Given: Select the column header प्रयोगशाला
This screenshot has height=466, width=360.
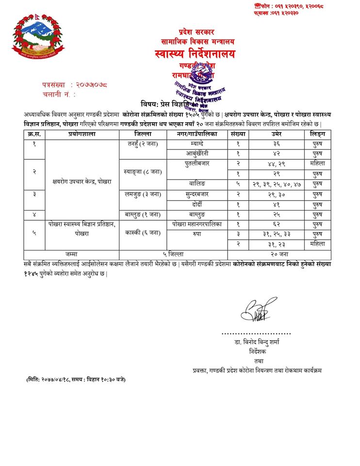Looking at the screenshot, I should [x=82, y=134].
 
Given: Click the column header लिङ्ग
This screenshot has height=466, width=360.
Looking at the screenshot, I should [x=318, y=134].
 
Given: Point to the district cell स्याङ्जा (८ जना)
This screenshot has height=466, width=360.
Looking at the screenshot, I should [x=143, y=172].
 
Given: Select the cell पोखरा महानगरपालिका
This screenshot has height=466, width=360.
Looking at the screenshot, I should [x=197, y=225].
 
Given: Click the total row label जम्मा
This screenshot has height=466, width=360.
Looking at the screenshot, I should [x=71, y=254].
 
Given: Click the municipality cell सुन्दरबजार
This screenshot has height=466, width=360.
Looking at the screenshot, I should [x=197, y=194].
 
